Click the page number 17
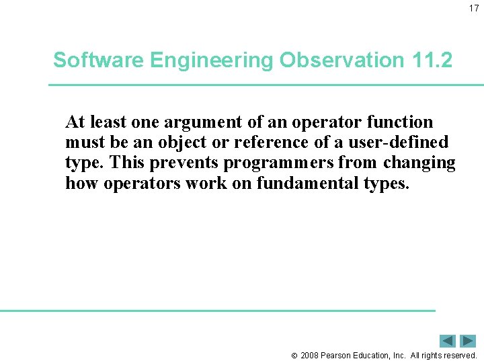tap(473, 8)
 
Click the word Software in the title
tap(99, 61)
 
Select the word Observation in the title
tap(342, 61)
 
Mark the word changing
tap(419, 163)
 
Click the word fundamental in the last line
tap(307, 183)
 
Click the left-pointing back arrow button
tap(448, 341)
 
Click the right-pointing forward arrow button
tap(469, 341)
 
